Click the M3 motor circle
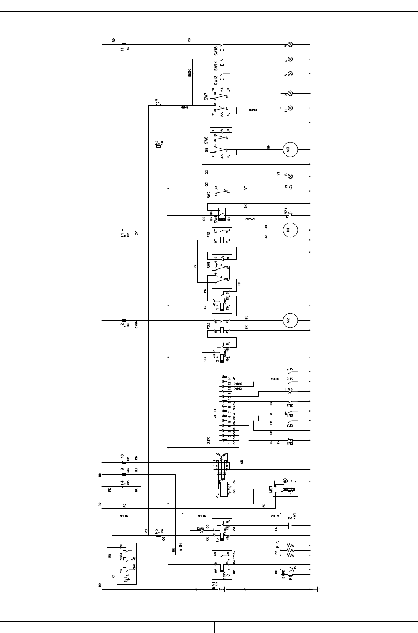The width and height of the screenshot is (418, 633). coord(290,149)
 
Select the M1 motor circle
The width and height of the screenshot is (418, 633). coord(290,229)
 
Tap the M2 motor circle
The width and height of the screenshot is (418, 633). coord(290,319)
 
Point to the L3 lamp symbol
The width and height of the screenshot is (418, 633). coord(290,74)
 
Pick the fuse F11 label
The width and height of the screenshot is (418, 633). coord(122,51)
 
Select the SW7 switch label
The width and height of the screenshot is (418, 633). coord(206,96)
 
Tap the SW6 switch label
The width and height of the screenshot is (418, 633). coord(206,140)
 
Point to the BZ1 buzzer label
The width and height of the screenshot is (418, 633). coord(286,211)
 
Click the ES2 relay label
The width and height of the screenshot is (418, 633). coord(208,326)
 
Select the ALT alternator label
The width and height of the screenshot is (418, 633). coord(218,494)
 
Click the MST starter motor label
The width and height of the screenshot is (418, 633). coord(271,492)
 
